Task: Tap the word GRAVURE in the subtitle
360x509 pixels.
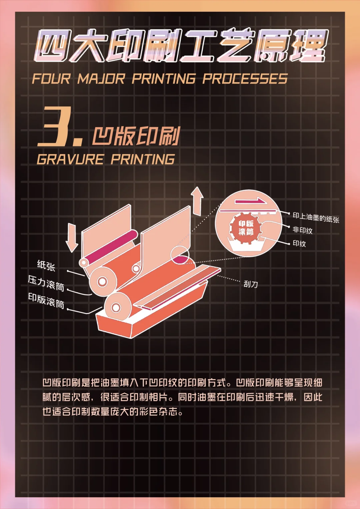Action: pyautogui.click(x=70, y=159)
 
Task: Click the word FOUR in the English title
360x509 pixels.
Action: pyautogui.click(x=51, y=79)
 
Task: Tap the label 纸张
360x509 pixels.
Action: pyautogui.click(x=46, y=265)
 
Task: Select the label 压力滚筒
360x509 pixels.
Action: pyautogui.click(x=46, y=283)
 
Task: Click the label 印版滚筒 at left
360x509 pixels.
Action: pyautogui.click(x=46, y=300)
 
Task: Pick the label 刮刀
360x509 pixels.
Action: pyautogui.click(x=251, y=284)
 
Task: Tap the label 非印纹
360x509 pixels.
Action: pyautogui.click(x=302, y=230)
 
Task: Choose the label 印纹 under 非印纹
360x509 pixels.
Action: pyautogui.click(x=299, y=244)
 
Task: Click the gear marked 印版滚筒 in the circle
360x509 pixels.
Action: pyautogui.click(x=246, y=228)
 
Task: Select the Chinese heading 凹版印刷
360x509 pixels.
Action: pyautogui.click(x=136, y=136)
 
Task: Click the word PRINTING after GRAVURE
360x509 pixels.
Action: pyautogui.click(x=143, y=159)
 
